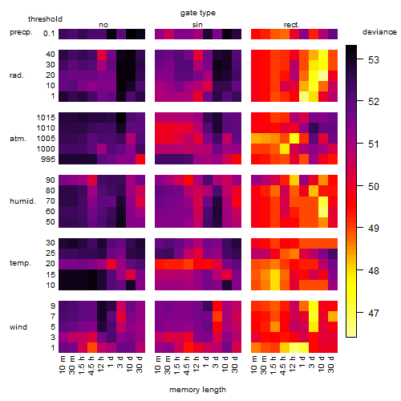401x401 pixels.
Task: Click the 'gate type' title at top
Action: coord(198,13)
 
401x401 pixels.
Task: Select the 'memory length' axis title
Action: coord(197,390)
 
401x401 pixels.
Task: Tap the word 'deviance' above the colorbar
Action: coord(379,32)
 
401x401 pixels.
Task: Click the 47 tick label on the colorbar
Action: coord(374,313)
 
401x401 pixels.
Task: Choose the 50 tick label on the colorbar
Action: coord(374,186)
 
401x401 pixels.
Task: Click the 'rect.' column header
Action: coord(291,25)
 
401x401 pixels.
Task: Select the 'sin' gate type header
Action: coord(197,25)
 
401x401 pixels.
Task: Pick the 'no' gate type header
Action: coord(103,25)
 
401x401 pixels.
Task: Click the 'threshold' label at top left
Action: coord(45,19)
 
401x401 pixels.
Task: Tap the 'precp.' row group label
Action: coord(21,32)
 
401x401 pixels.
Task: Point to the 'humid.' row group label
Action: coord(22,201)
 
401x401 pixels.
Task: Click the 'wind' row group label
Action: coord(18,327)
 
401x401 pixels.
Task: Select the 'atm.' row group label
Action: coord(18,139)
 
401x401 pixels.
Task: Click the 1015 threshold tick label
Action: coord(46,118)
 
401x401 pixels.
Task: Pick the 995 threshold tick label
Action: coord(48,160)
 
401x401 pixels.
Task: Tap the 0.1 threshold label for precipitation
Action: coord(49,34)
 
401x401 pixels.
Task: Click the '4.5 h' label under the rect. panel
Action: coord(282,365)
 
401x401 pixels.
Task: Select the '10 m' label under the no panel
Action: coord(62,364)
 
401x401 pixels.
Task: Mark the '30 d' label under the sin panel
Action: coord(235,364)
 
